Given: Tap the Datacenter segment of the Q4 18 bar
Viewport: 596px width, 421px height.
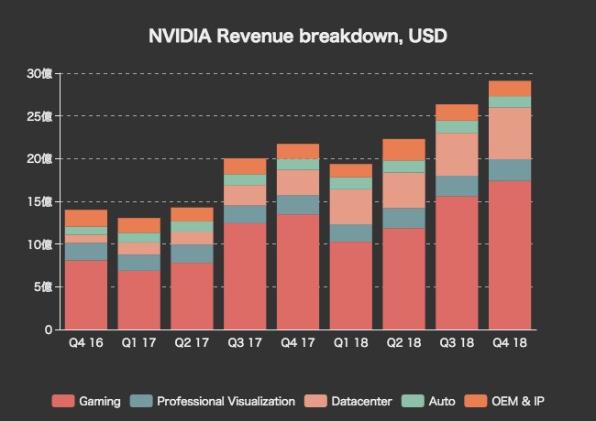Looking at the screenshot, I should pyautogui.click(x=510, y=134).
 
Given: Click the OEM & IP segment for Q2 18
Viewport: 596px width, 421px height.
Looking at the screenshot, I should pyautogui.click(x=403, y=150).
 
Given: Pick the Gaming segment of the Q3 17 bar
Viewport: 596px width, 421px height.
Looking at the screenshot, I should pyautogui.click(x=245, y=275).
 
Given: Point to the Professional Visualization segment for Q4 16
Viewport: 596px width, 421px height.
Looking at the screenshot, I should pyautogui.click(x=86, y=252).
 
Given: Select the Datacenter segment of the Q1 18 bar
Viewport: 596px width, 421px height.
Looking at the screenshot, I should pyautogui.click(x=350, y=207).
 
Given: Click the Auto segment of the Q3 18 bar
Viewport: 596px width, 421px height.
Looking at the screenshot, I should pyautogui.click(x=457, y=126).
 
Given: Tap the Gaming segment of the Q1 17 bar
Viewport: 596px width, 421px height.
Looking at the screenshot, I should pyautogui.click(x=138, y=299).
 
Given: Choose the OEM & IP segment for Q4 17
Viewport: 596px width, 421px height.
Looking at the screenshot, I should pyautogui.click(x=298, y=151).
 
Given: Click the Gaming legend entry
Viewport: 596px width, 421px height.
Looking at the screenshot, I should pyautogui.click(x=87, y=401).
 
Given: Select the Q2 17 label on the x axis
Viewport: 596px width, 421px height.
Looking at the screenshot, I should pyautogui.click(x=192, y=343).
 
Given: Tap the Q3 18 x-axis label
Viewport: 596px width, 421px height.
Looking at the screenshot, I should pyautogui.click(x=457, y=343).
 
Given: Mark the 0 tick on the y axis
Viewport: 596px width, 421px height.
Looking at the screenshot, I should pyautogui.click(x=48, y=329).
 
